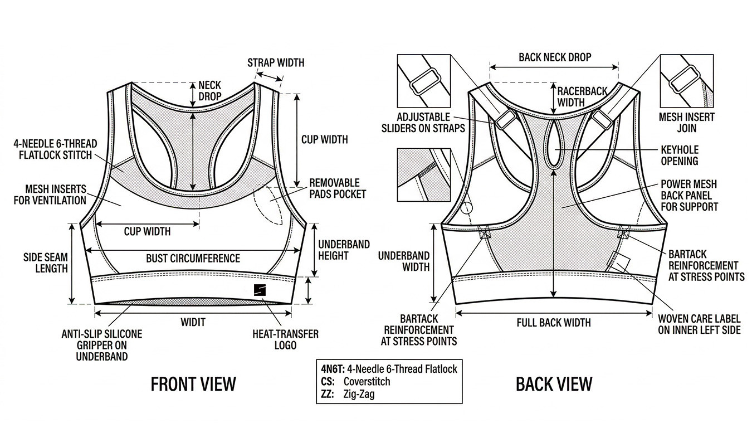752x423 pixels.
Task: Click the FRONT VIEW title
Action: click(x=193, y=384)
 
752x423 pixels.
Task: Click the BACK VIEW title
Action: click(x=554, y=384)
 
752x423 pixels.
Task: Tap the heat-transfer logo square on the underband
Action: click(x=260, y=290)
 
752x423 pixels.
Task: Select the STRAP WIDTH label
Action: click(x=276, y=62)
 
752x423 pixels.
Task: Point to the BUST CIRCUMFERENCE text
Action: click(x=193, y=259)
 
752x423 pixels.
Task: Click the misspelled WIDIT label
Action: click(x=193, y=322)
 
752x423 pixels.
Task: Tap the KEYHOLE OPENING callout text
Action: click(x=679, y=155)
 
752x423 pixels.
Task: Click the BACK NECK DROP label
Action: click(x=554, y=57)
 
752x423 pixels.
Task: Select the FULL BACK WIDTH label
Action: click(x=553, y=323)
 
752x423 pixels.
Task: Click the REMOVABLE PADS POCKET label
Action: click(x=338, y=188)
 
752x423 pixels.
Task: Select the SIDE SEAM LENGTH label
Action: click(x=45, y=262)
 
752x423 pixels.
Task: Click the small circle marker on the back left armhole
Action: click(x=467, y=208)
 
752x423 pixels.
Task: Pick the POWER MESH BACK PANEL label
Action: click(x=689, y=195)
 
